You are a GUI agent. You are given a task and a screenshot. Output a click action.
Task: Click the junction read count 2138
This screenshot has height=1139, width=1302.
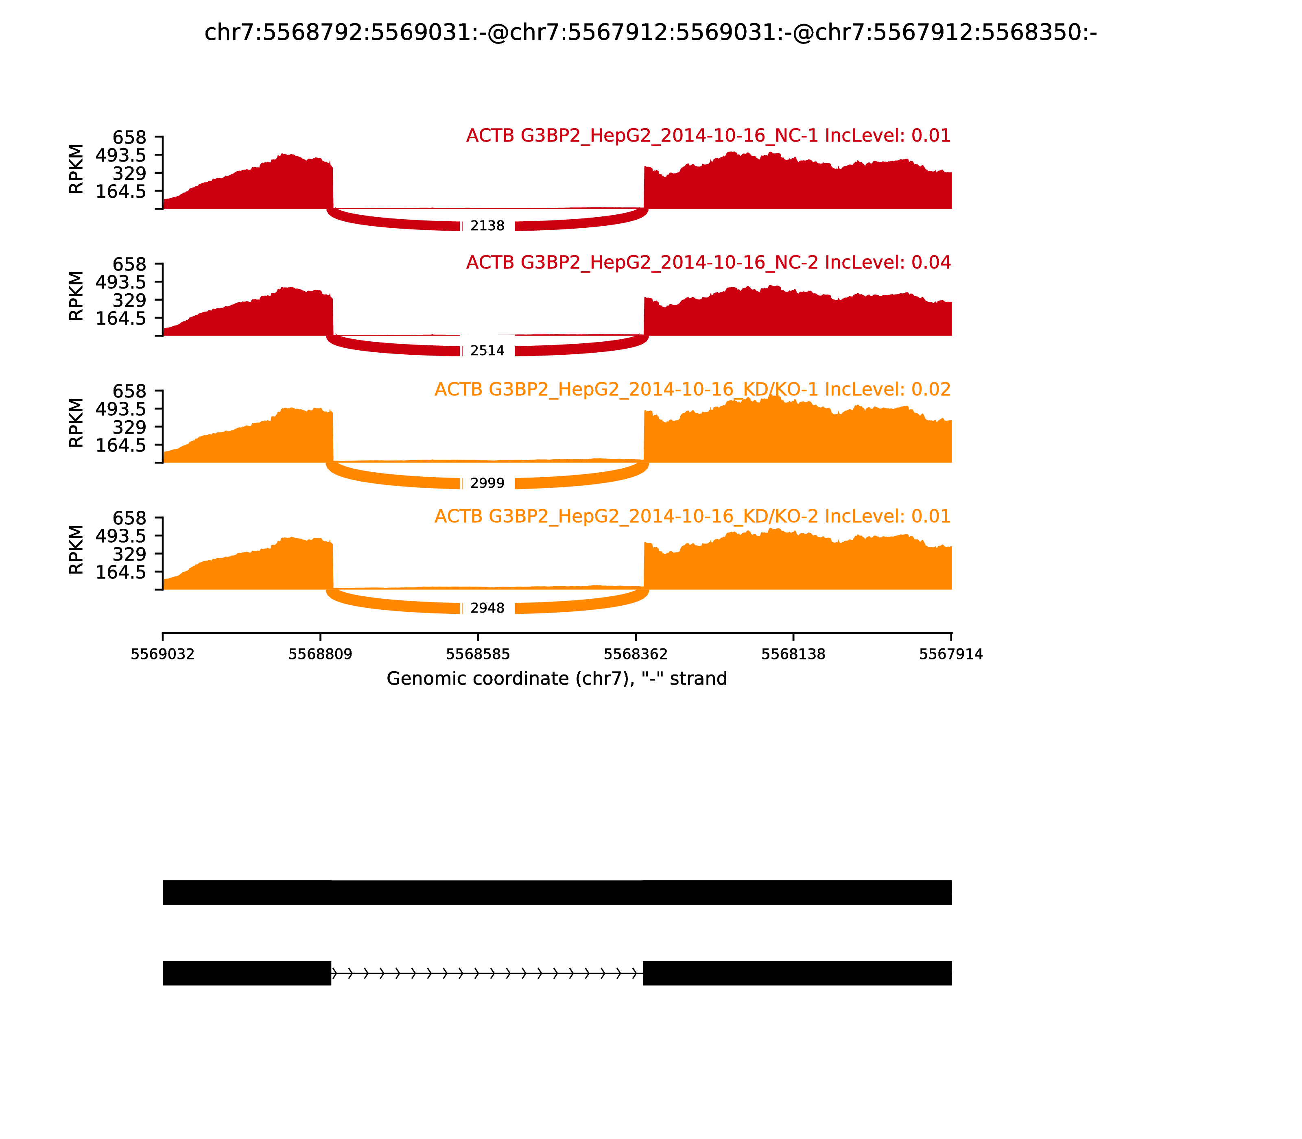pos(487,226)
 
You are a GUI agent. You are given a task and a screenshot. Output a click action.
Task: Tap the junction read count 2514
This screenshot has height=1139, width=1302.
pos(487,351)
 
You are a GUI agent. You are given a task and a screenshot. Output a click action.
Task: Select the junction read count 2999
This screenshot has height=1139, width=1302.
pos(487,483)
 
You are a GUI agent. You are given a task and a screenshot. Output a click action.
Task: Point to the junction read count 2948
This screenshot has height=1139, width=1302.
pos(487,608)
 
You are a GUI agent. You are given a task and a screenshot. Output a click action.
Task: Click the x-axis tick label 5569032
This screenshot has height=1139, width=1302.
pos(163,654)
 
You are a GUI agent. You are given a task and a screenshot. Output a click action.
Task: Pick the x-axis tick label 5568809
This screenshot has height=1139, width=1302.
pos(321,654)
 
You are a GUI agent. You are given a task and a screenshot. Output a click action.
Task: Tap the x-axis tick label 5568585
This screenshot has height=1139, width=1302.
pos(478,654)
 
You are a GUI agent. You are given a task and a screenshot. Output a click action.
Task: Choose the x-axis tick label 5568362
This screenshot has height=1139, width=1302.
pos(636,654)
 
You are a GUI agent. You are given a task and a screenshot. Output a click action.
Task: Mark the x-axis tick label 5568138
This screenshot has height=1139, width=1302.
pos(793,654)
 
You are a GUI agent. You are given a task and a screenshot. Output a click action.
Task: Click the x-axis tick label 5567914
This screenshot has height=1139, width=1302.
pos(951,654)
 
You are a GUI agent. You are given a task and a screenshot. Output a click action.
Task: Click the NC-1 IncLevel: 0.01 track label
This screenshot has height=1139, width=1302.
pos(708,136)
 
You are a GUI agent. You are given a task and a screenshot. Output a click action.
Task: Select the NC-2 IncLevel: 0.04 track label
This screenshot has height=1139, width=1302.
pos(708,262)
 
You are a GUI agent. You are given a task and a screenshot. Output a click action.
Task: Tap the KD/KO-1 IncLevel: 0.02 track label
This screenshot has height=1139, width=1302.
pos(693,390)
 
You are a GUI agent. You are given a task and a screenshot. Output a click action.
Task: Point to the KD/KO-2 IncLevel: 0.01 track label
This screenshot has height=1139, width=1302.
pos(693,516)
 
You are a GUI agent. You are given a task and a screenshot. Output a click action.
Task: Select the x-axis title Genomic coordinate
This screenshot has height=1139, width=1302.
pos(557,679)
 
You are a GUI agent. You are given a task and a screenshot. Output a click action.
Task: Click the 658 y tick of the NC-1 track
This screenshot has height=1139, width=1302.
pos(130,137)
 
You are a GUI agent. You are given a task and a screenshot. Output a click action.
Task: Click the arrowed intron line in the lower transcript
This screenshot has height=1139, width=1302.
pos(487,973)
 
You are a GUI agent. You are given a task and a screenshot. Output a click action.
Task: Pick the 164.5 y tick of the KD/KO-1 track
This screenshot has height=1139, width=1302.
pos(121,445)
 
